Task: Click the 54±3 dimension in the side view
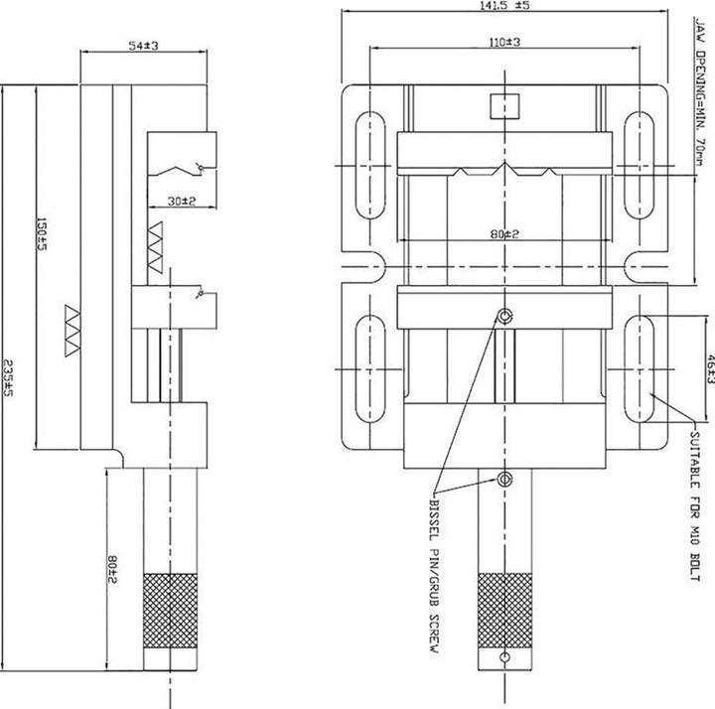tap(145, 46)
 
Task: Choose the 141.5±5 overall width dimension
tap(504, 6)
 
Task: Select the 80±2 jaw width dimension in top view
tap(504, 234)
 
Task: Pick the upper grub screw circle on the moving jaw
tap(505, 316)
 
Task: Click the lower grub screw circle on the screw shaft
tap(505, 481)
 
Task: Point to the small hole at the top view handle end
tap(505, 657)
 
